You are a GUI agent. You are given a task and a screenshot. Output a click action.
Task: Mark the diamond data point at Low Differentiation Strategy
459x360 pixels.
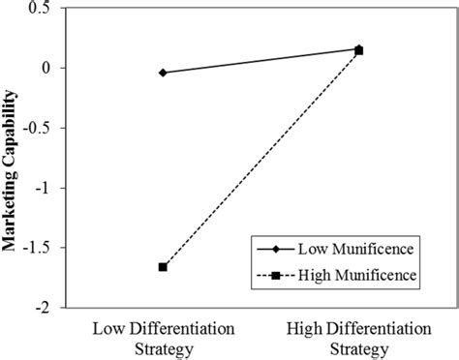pos(163,73)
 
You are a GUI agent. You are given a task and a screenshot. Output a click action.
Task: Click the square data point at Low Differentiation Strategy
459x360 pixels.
pos(163,267)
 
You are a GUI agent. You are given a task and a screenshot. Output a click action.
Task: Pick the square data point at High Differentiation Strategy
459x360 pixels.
pos(359,50)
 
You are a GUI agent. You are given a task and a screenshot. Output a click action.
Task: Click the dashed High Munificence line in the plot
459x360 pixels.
pos(260,159)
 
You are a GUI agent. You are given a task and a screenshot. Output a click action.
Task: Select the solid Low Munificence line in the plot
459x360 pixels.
pos(260,60)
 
